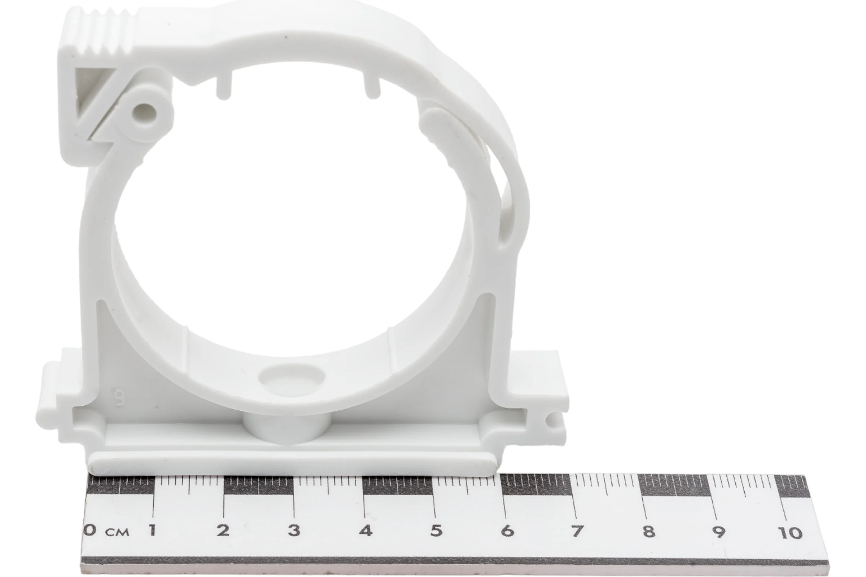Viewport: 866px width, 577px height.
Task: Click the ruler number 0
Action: click(x=90, y=530)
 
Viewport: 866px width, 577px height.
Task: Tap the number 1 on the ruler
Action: click(x=152, y=530)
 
